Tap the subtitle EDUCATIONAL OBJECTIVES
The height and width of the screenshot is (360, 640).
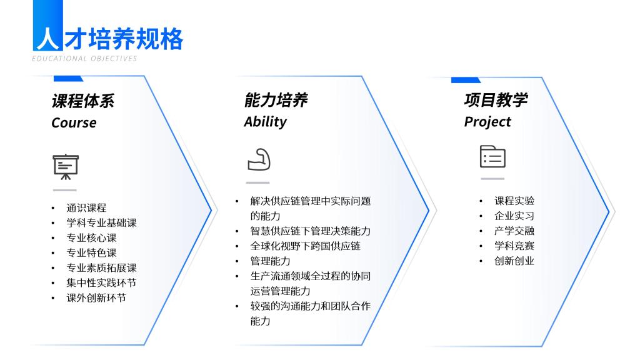click(84, 59)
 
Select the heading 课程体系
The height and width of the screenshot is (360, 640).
click(83, 101)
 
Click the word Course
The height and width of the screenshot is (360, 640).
click(74, 123)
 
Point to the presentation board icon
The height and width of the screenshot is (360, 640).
click(65, 166)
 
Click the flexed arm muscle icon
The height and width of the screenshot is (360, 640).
click(259, 159)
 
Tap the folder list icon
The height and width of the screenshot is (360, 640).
click(492, 156)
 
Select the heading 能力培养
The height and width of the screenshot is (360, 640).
click(276, 100)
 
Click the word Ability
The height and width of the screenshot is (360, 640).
click(265, 122)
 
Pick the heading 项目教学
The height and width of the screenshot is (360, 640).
click(496, 100)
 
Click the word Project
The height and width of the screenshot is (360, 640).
click(487, 122)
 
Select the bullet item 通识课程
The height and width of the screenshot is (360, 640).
click(86, 207)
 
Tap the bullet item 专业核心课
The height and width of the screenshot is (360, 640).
click(91, 237)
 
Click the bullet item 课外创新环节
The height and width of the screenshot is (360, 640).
click(96, 298)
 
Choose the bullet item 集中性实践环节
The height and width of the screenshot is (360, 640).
click(101, 283)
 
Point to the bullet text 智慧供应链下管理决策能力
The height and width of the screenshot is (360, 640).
click(310, 231)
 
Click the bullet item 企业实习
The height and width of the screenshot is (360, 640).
click(514, 216)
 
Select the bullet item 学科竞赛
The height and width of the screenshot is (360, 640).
click(514, 246)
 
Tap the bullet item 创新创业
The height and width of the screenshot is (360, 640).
click(514, 261)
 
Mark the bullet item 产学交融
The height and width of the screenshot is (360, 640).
click(514, 231)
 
